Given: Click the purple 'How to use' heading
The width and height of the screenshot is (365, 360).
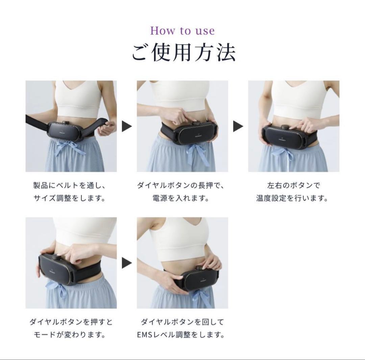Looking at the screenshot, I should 182,31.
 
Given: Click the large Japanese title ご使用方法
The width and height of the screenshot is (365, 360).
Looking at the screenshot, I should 182,52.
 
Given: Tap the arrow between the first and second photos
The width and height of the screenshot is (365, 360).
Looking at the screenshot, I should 127,126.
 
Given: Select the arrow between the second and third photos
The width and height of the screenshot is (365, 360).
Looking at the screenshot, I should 238,126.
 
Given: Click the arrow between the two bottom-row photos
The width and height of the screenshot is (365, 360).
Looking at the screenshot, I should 127,263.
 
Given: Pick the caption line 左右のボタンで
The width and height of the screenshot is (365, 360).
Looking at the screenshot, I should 293,185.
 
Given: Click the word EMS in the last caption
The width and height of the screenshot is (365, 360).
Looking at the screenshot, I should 146,335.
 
